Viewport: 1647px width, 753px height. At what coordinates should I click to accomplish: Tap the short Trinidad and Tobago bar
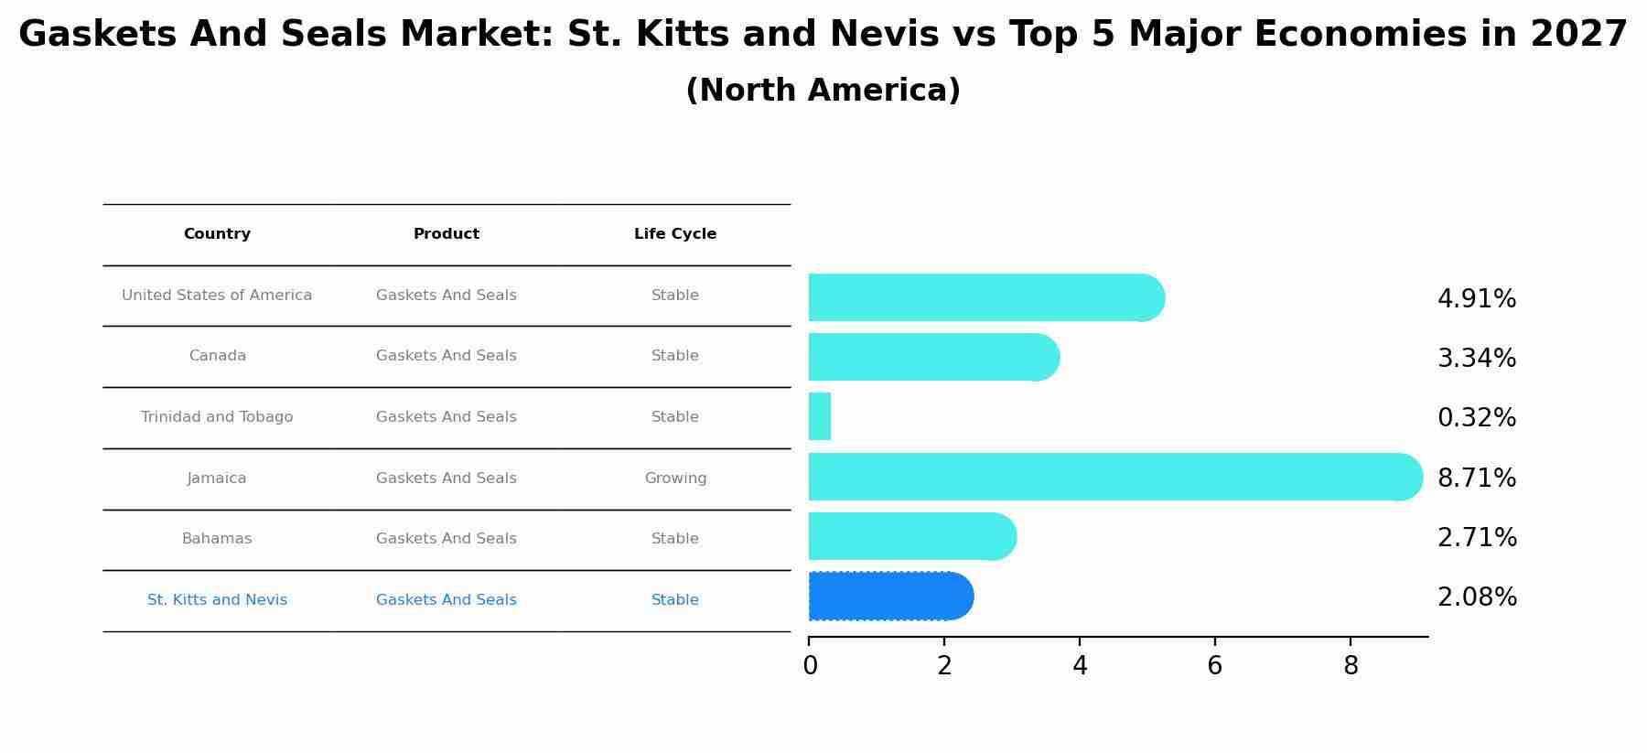(x=820, y=417)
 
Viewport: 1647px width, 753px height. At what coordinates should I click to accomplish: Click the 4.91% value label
(x=1476, y=299)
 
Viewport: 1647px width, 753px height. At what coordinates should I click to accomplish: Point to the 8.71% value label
(x=1476, y=479)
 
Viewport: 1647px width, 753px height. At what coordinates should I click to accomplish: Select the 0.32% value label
(x=1476, y=418)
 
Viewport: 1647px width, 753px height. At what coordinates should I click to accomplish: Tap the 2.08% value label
(x=1477, y=597)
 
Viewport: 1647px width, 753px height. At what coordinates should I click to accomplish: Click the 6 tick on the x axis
(x=1214, y=666)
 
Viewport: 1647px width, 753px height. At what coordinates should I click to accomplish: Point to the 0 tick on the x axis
(x=810, y=666)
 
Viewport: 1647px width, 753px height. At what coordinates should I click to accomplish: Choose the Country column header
(x=217, y=234)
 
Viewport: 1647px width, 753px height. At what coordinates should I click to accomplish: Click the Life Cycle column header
(x=675, y=234)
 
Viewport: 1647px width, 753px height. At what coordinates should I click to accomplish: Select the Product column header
(x=447, y=234)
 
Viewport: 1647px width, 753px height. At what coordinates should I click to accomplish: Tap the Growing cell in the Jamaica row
(x=675, y=479)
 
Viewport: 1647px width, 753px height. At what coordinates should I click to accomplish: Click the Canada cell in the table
(x=217, y=356)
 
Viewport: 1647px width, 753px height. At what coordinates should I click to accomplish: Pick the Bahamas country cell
(x=217, y=539)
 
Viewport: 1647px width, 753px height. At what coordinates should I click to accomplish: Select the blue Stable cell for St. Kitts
(x=675, y=600)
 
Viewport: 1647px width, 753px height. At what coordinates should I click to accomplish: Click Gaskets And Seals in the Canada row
(x=447, y=356)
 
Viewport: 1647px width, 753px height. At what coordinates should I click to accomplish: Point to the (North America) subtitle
(x=823, y=91)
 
